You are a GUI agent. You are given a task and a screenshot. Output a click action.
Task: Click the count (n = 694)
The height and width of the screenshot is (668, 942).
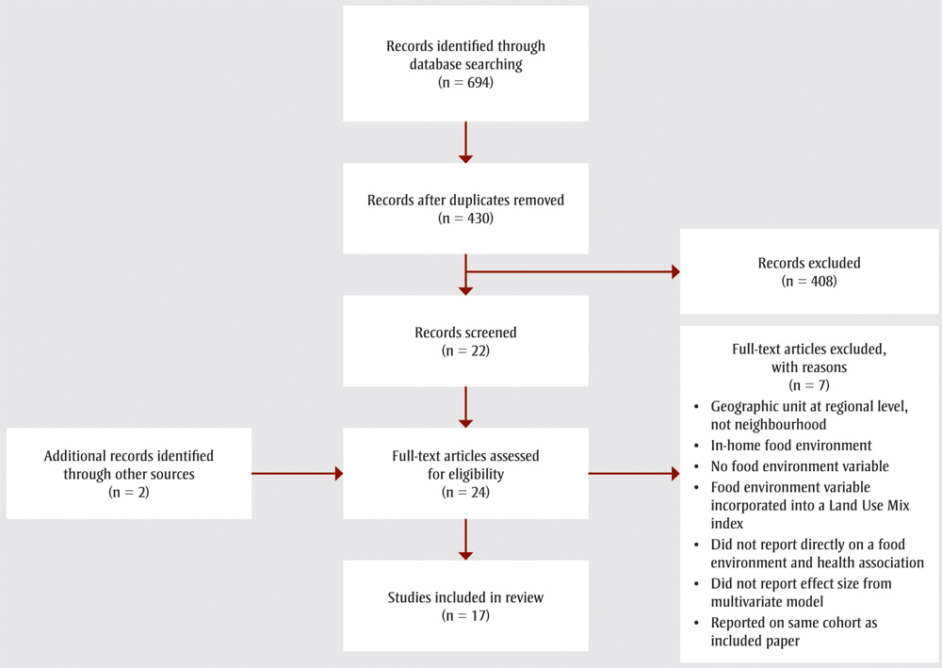pos(465,82)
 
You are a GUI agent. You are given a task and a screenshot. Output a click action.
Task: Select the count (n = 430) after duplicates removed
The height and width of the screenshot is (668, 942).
pos(465,218)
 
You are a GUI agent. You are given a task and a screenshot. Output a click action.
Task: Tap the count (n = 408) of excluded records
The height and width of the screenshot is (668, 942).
pos(809,281)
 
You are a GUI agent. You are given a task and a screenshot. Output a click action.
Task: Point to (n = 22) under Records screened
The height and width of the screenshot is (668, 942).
pos(465,350)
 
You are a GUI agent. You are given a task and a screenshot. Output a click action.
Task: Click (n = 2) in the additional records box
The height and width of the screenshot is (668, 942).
pos(127,492)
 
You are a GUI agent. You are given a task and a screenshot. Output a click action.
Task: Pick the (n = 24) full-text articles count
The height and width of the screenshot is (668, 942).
pos(465,491)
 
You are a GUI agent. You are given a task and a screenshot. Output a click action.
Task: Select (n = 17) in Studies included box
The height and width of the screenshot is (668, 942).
pos(465,615)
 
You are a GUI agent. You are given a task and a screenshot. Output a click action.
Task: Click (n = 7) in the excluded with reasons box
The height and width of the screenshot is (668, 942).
pos(809,385)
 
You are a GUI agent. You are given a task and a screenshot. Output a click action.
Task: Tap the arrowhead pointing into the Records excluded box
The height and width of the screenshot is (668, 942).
pos(673,272)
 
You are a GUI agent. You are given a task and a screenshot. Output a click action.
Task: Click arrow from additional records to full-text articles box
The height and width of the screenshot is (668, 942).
pos(297,474)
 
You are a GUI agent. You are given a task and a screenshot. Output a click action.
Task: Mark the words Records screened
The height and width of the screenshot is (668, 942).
pos(465,333)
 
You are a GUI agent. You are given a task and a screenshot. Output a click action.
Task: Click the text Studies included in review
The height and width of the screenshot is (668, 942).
pos(465,597)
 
